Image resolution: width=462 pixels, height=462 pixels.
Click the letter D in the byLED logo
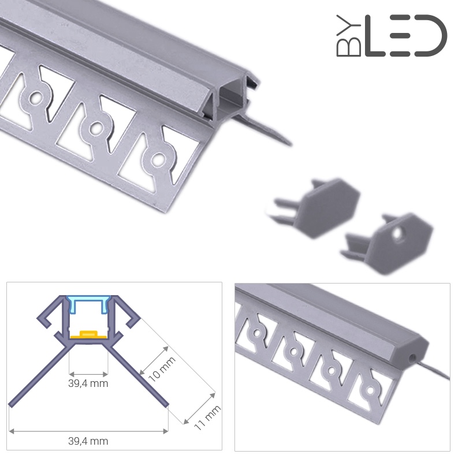(x=431, y=36)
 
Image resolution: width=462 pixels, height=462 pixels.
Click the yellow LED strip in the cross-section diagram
(x=88, y=334)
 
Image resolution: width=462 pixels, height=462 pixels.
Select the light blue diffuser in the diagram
(x=88, y=304)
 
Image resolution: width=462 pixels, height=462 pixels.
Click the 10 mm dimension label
(x=162, y=369)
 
